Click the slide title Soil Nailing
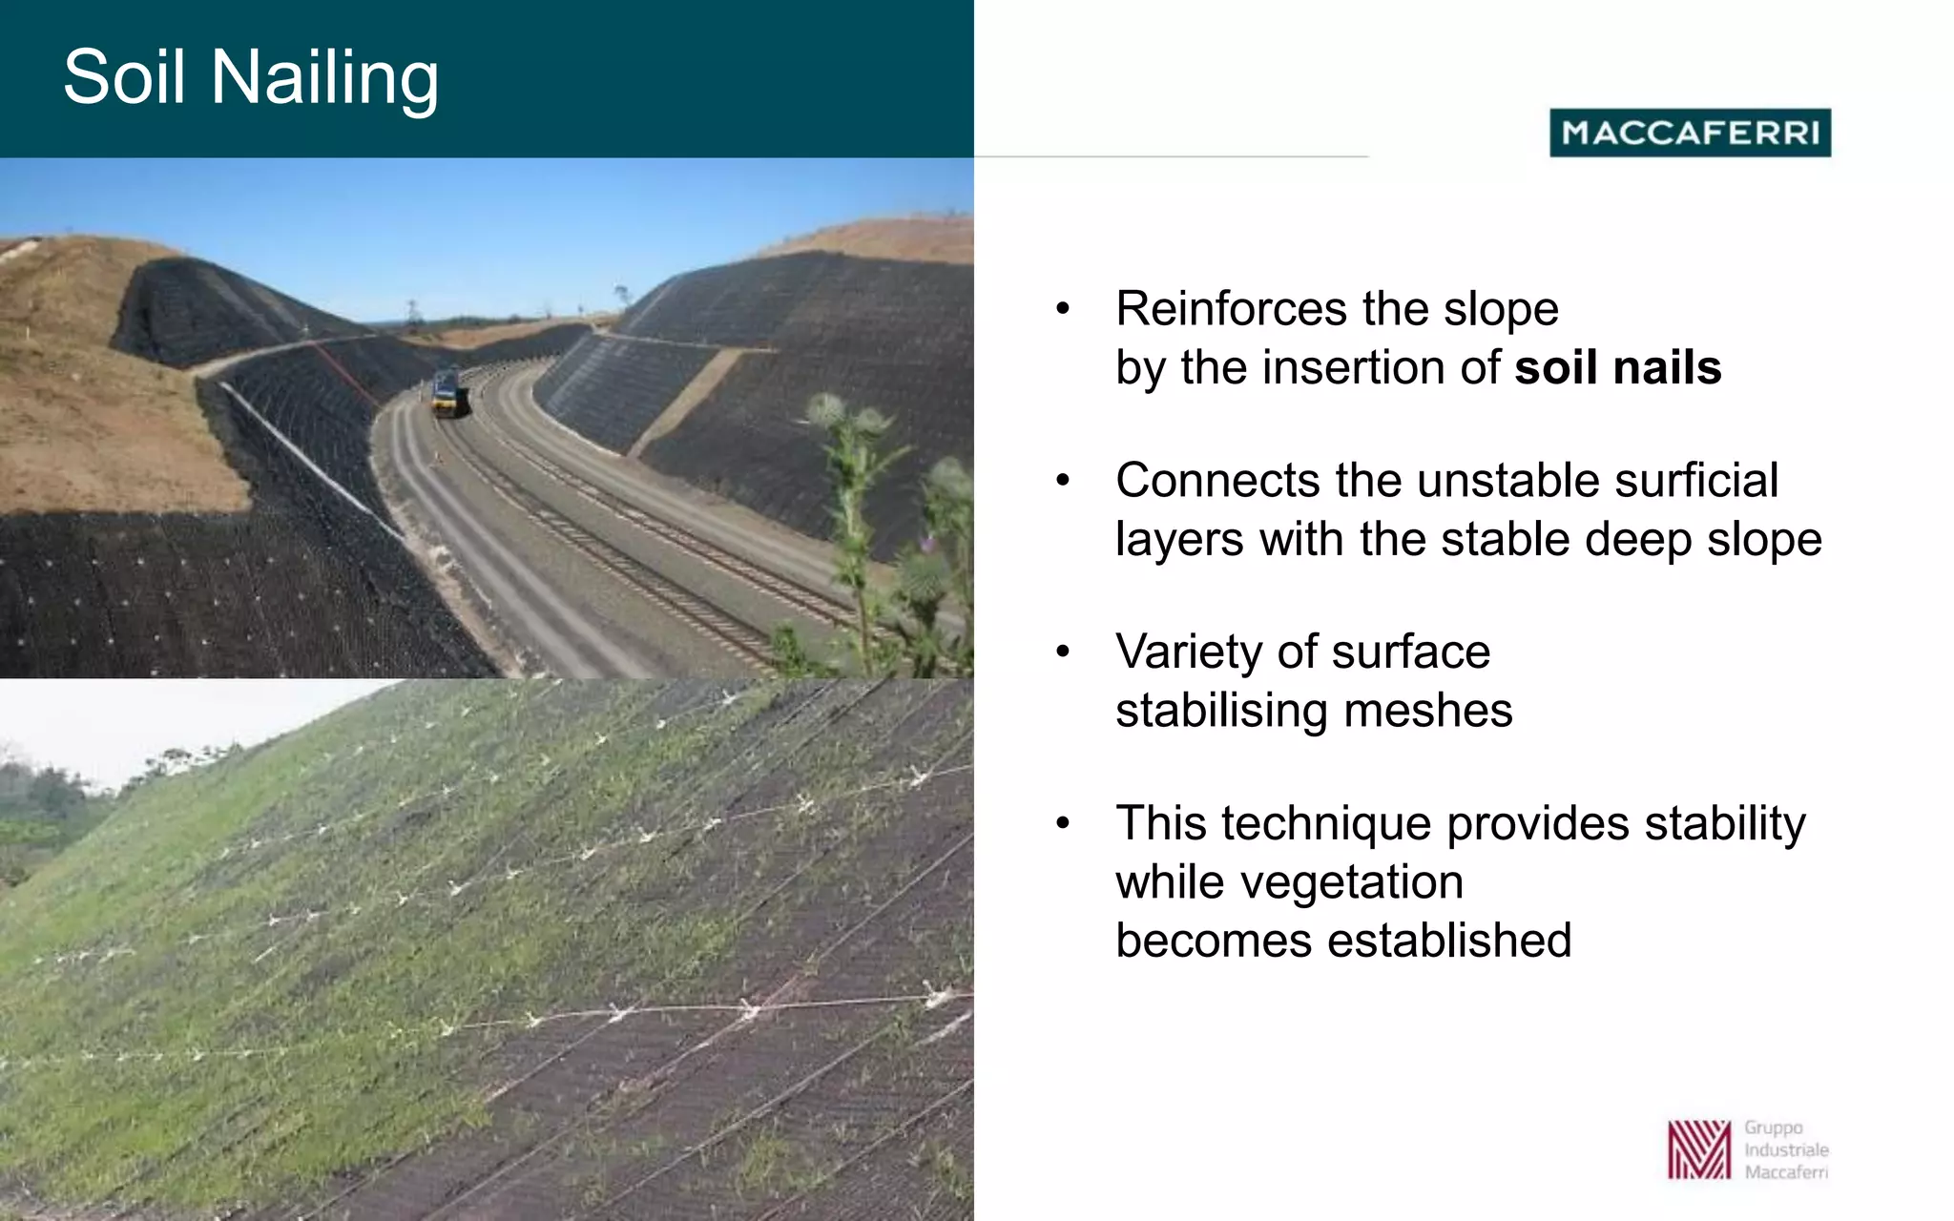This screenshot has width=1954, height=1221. coord(251,77)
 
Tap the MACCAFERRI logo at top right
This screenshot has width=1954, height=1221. coord(1690,133)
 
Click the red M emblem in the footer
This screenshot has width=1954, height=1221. coord(1698,1149)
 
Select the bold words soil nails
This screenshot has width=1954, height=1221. coord(1618,368)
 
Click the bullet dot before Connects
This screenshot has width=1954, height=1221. coord(1063,480)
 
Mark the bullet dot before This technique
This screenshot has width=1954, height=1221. coord(1063,823)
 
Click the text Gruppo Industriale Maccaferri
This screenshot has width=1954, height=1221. coord(1786,1149)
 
